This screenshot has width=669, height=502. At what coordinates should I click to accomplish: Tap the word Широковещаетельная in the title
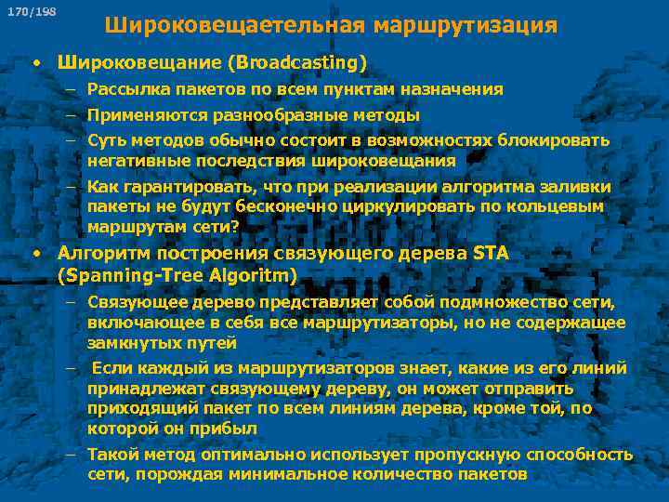pyautogui.click(x=236, y=25)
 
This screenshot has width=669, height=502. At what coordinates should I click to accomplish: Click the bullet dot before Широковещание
pyautogui.click(x=34, y=63)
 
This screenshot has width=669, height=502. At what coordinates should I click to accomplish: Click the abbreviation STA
pyautogui.click(x=491, y=253)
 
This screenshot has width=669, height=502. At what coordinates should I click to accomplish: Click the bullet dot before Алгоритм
pyautogui.click(x=34, y=254)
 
